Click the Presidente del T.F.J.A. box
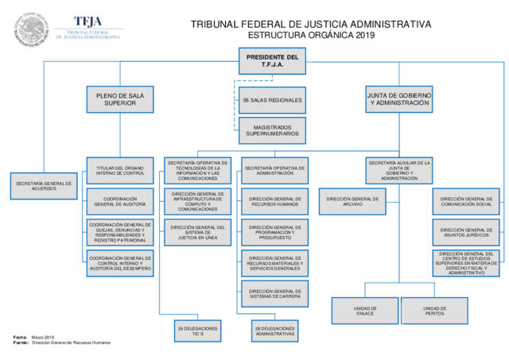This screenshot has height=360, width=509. point(272,60)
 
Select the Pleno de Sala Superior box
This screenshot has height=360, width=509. point(119,99)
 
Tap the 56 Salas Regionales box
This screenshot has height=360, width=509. point(272,100)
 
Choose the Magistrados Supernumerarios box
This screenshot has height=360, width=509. point(272,131)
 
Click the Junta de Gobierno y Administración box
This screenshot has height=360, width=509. point(399,99)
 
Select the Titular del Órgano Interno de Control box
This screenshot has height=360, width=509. point(119,171)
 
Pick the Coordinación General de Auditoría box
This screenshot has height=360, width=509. point(119,201)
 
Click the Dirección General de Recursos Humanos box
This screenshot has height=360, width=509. point(274,201)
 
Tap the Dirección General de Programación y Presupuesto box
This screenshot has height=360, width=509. point(274,232)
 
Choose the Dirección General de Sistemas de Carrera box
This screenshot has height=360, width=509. point(274,293)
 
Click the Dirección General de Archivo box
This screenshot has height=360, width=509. point(352,201)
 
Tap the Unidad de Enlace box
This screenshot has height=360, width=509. point(365,310)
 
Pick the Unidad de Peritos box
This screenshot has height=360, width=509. point(434,310)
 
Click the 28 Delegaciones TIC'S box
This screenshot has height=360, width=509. point(197,330)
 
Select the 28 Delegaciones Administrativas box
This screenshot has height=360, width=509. point(274,330)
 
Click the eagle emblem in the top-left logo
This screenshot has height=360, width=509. point(31,29)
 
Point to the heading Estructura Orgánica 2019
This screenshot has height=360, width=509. point(310,36)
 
